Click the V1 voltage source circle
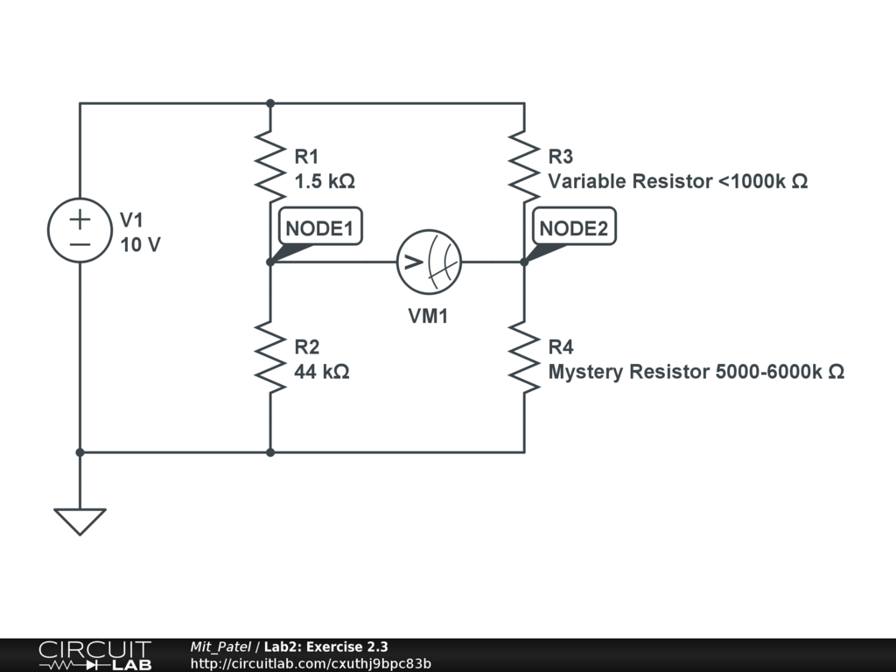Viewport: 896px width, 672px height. tap(80, 229)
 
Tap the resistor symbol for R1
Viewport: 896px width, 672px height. tap(270, 162)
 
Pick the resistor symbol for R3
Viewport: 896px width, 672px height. tap(524, 164)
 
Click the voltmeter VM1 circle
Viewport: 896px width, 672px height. tap(429, 262)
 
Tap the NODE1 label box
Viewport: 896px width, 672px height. tap(319, 229)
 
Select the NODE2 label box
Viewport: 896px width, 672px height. tap(573, 229)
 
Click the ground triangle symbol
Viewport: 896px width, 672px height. tap(80, 521)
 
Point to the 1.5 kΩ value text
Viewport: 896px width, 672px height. tap(325, 182)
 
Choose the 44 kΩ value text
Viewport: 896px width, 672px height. tap(322, 372)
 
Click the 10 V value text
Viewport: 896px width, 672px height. tap(140, 245)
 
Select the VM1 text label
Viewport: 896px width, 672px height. tap(429, 317)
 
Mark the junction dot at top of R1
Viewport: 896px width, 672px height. tap(270, 103)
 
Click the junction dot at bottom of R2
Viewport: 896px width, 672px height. tap(270, 452)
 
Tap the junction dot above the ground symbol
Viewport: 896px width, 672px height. tap(80, 452)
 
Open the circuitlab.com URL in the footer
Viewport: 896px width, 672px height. tap(311, 664)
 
